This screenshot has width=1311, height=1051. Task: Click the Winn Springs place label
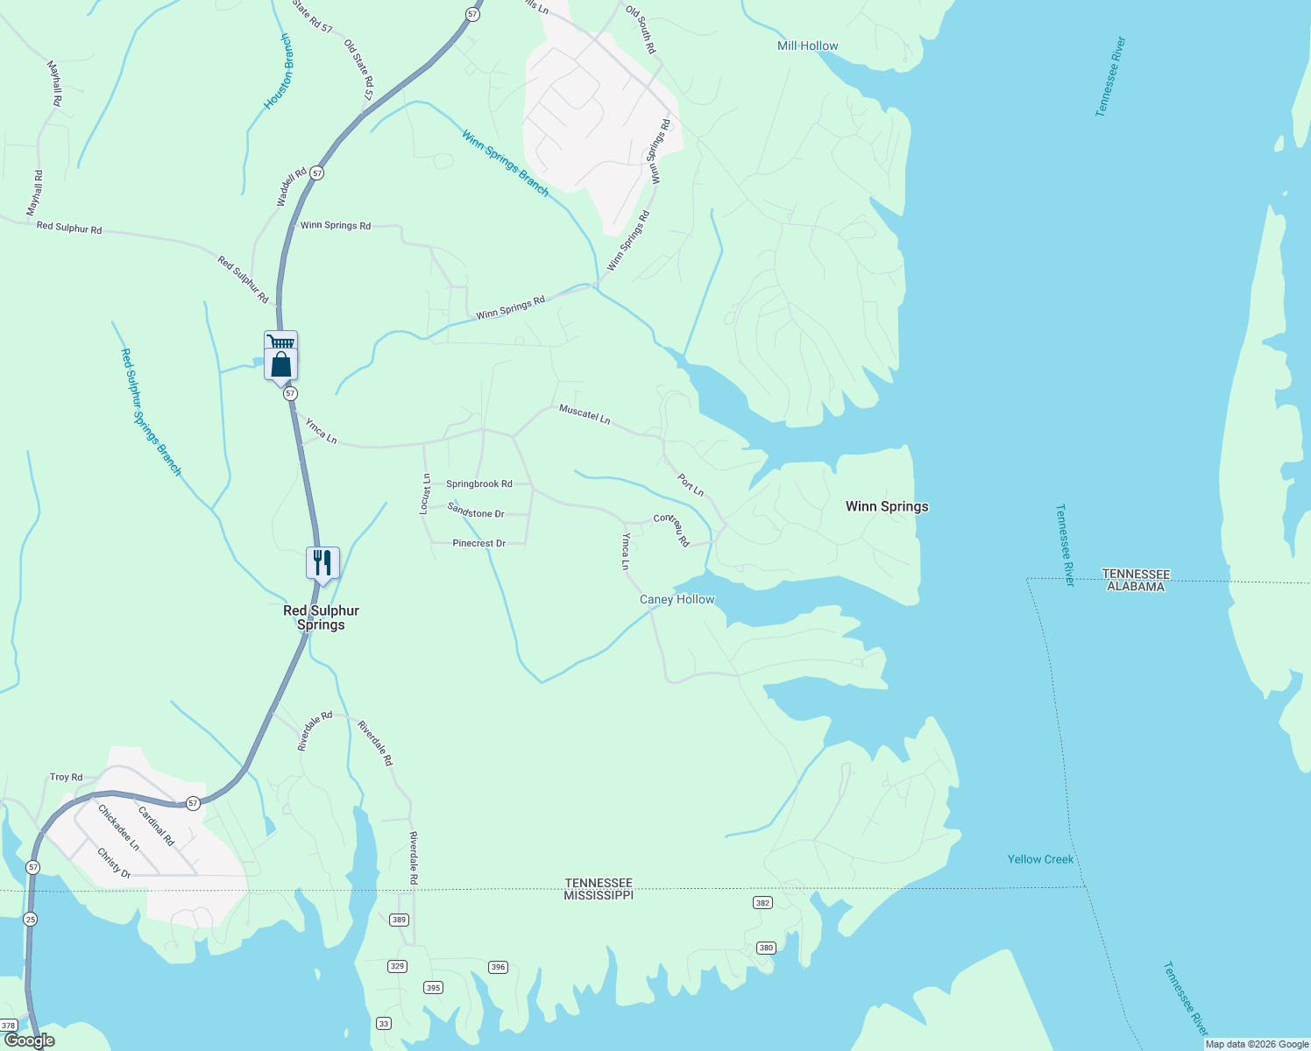click(x=886, y=506)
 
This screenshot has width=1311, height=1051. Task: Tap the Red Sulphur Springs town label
click(x=321, y=617)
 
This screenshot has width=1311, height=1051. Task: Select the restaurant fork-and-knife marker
click(x=322, y=562)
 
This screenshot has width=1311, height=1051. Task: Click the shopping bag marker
click(x=281, y=363)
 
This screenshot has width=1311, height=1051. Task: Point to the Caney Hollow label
click(x=677, y=599)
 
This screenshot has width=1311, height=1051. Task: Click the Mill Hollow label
click(x=807, y=46)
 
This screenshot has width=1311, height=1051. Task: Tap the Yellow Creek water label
click(x=1040, y=859)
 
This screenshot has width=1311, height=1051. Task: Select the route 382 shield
click(x=762, y=902)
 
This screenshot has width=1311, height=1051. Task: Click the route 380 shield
click(x=766, y=948)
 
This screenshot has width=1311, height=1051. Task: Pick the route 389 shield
click(x=399, y=919)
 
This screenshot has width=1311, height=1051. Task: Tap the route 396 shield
click(x=498, y=967)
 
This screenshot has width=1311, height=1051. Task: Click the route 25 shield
click(x=31, y=919)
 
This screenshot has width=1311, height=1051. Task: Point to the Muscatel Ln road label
click(x=585, y=413)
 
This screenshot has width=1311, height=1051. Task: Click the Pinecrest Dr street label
click(x=478, y=543)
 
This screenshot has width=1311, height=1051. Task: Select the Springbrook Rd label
click(x=478, y=483)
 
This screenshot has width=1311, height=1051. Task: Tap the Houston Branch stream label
click(x=279, y=72)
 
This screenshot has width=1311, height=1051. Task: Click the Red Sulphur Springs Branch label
click(x=151, y=412)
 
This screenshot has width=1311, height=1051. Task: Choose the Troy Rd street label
click(x=66, y=777)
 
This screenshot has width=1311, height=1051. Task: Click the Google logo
click(x=29, y=1040)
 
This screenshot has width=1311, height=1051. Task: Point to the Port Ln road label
click(x=691, y=485)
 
